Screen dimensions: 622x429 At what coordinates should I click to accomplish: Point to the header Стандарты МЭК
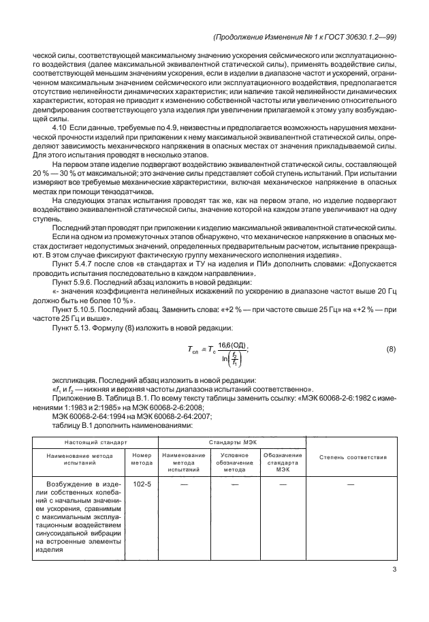tap(232, 442)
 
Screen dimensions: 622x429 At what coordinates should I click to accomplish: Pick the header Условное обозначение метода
tap(234, 462)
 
